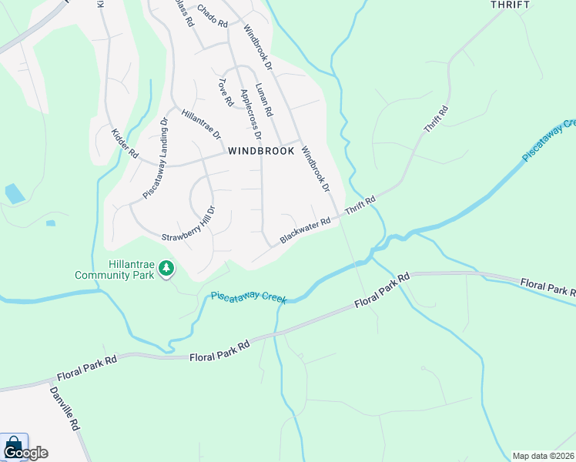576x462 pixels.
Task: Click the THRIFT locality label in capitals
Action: coord(510,5)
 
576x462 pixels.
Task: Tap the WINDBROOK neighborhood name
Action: coord(261,152)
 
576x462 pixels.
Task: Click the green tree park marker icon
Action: coord(166,269)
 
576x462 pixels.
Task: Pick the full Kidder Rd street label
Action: coord(124,144)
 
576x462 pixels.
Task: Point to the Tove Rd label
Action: coord(225,92)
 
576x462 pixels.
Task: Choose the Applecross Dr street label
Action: coord(251,109)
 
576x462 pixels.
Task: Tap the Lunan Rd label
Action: coord(263,99)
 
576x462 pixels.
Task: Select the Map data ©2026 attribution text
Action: coord(544,456)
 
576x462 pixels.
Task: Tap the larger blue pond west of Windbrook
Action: coord(14,193)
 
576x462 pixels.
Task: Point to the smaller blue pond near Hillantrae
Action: coord(50,223)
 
